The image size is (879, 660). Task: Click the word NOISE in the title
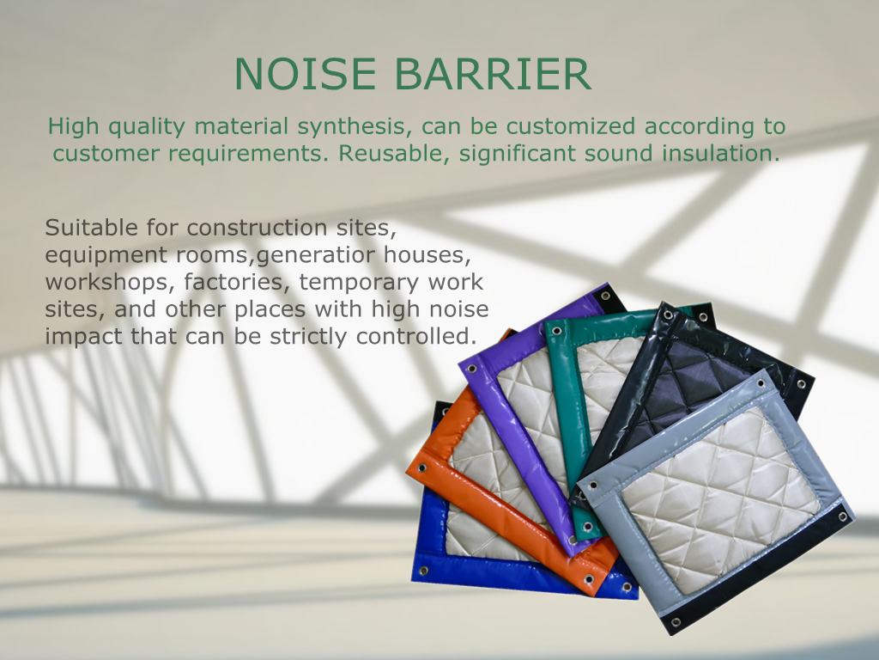(x=305, y=74)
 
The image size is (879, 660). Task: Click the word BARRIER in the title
(x=493, y=74)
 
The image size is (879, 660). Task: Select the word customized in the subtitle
(x=570, y=126)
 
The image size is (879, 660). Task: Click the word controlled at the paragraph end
(x=416, y=336)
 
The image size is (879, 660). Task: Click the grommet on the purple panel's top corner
(x=605, y=296)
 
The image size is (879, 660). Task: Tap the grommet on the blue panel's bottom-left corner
(x=424, y=571)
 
